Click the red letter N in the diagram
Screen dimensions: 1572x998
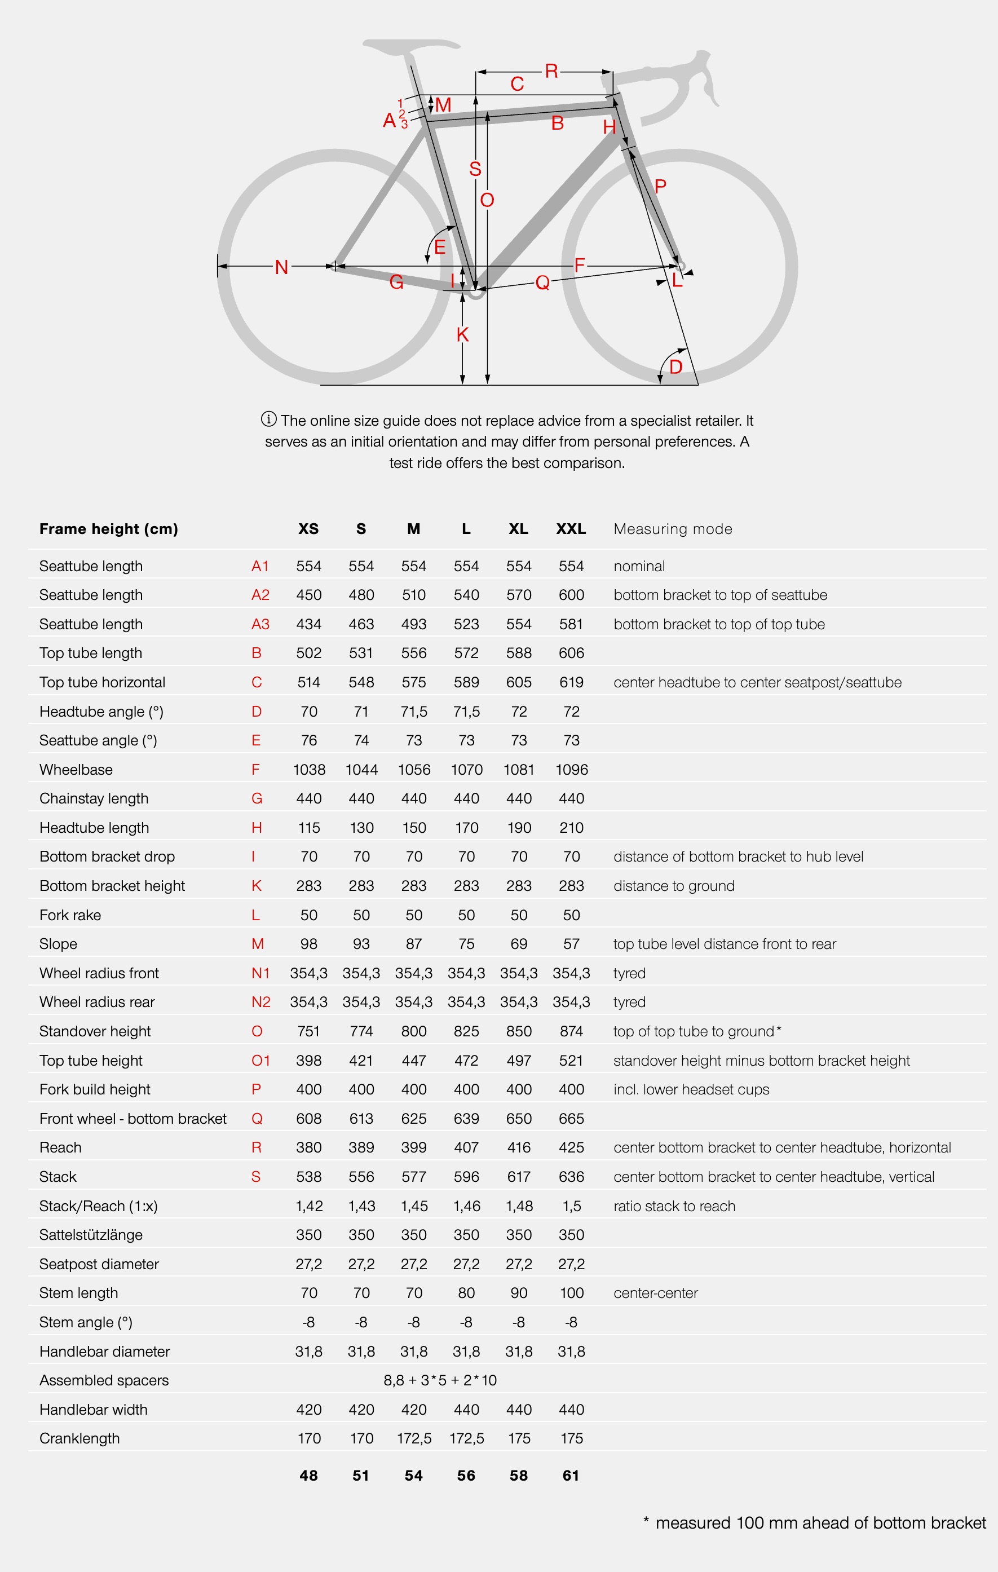point(281,267)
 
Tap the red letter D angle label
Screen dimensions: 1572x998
point(675,367)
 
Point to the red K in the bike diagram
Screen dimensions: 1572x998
point(463,335)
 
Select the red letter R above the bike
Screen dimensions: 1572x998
point(551,70)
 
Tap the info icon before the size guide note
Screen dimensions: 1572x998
point(269,419)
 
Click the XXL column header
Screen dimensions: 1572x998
point(571,529)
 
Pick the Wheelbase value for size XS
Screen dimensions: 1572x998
point(309,770)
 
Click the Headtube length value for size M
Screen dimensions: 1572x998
point(414,828)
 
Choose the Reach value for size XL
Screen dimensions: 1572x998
point(519,1147)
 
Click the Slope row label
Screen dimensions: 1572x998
point(58,944)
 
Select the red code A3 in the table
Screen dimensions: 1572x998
point(260,624)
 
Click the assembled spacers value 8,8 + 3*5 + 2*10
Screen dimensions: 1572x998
point(440,1380)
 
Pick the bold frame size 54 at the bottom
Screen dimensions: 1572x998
point(414,1476)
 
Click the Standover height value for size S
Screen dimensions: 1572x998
point(361,1031)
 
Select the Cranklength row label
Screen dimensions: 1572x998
point(80,1438)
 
